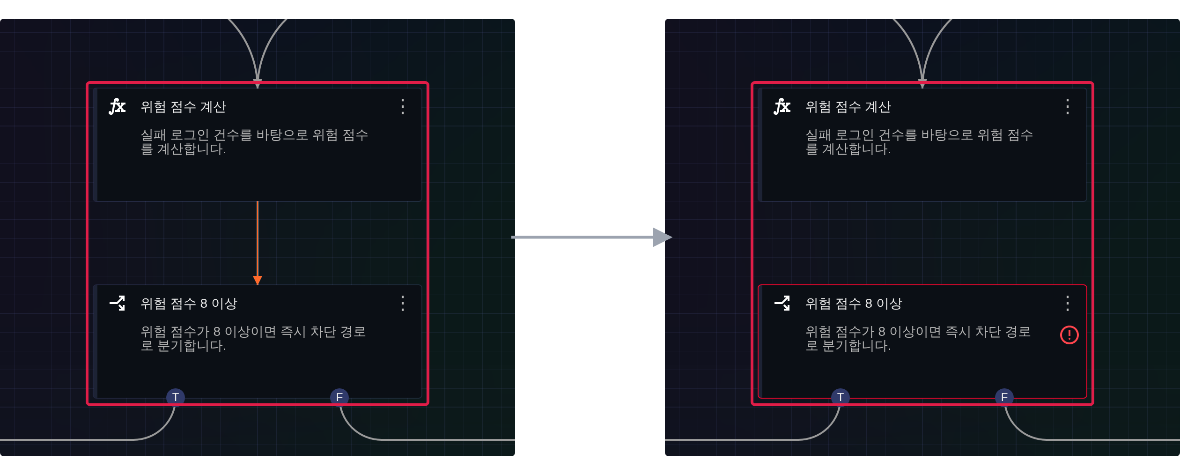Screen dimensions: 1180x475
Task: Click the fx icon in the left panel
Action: pos(117,107)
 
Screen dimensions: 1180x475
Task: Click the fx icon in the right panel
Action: pos(782,107)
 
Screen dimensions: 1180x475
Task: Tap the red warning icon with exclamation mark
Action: pos(1069,335)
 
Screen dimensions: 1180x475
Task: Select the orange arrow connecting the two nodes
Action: pos(258,243)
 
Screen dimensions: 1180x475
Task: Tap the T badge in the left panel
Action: pos(176,397)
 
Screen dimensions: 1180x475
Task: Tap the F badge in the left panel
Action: pos(339,397)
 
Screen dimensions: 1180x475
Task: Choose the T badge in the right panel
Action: pos(841,397)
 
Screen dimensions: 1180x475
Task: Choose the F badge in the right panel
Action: pos(1004,397)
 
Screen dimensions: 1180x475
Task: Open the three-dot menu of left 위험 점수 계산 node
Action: pos(403,107)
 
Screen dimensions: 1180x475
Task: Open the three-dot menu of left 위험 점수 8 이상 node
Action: pos(403,304)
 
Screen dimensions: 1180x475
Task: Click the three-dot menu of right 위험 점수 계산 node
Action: pos(1068,107)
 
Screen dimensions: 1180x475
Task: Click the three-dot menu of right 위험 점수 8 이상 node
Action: pos(1068,304)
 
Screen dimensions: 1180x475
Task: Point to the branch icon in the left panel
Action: pos(117,303)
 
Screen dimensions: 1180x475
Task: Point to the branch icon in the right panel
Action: pos(782,303)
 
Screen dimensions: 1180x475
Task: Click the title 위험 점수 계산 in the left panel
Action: pos(184,107)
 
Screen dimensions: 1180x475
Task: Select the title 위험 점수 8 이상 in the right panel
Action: pos(854,304)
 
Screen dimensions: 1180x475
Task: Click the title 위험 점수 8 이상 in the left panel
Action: pos(189,304)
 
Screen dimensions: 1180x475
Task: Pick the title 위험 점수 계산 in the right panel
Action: pos(848,107)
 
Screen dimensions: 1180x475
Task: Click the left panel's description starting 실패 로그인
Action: pos(254,142)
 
